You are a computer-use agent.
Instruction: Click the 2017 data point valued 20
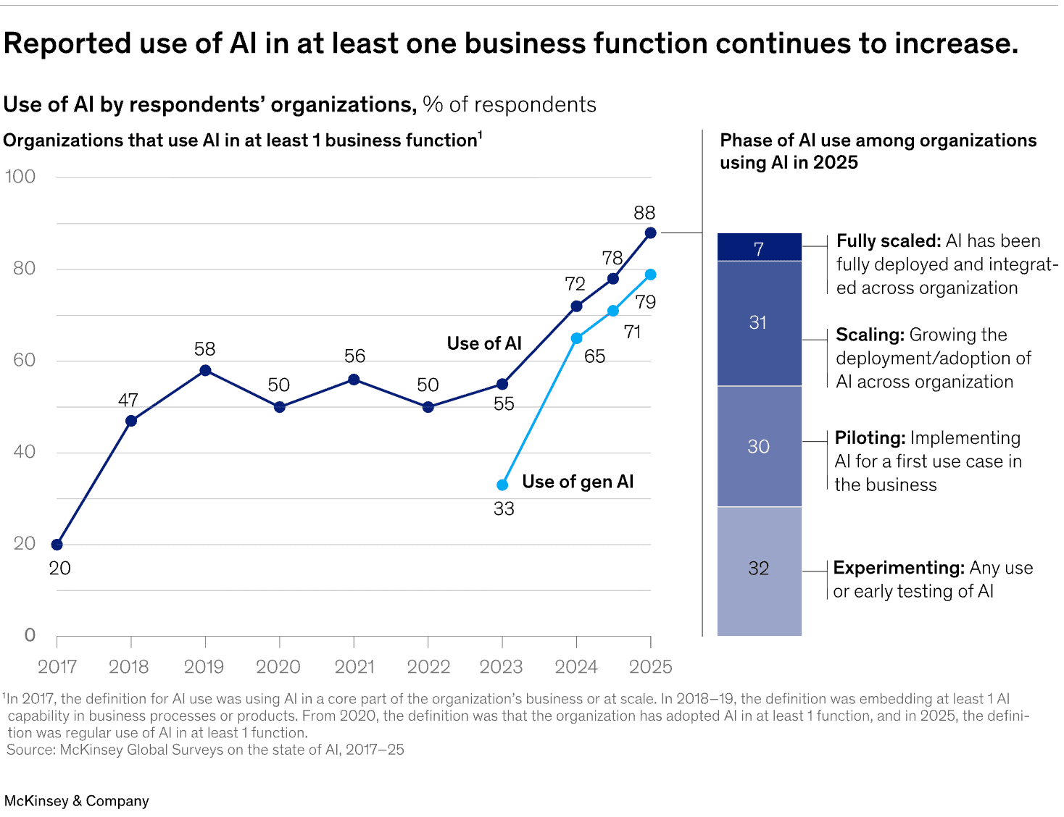(57, 545)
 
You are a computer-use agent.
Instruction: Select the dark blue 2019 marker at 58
(205, 371)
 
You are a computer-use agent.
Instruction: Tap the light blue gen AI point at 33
(502, 485)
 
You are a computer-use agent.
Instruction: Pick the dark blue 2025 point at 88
(650, 233)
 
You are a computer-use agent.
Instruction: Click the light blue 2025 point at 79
(650, 275)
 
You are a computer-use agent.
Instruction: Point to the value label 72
(575, 284)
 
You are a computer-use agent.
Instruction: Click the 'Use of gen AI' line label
(578, 482)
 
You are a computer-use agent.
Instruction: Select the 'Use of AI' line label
(484, 343)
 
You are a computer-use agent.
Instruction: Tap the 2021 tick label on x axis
(354, 667)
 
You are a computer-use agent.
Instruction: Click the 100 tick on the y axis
(20, 177)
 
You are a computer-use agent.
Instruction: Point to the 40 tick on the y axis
(24, 452)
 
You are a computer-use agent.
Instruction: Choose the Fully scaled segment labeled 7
(759, 248)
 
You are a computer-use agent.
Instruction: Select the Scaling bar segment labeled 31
(759, 323)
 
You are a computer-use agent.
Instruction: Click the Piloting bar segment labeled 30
(759, 446)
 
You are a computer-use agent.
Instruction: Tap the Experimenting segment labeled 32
(759, 569)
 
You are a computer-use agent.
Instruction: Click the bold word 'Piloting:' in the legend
(870, 438)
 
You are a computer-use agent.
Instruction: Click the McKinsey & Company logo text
(77, 801)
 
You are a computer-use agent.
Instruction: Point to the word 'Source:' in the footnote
(30, 750)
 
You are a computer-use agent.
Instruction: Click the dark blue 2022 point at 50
(428, 407)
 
